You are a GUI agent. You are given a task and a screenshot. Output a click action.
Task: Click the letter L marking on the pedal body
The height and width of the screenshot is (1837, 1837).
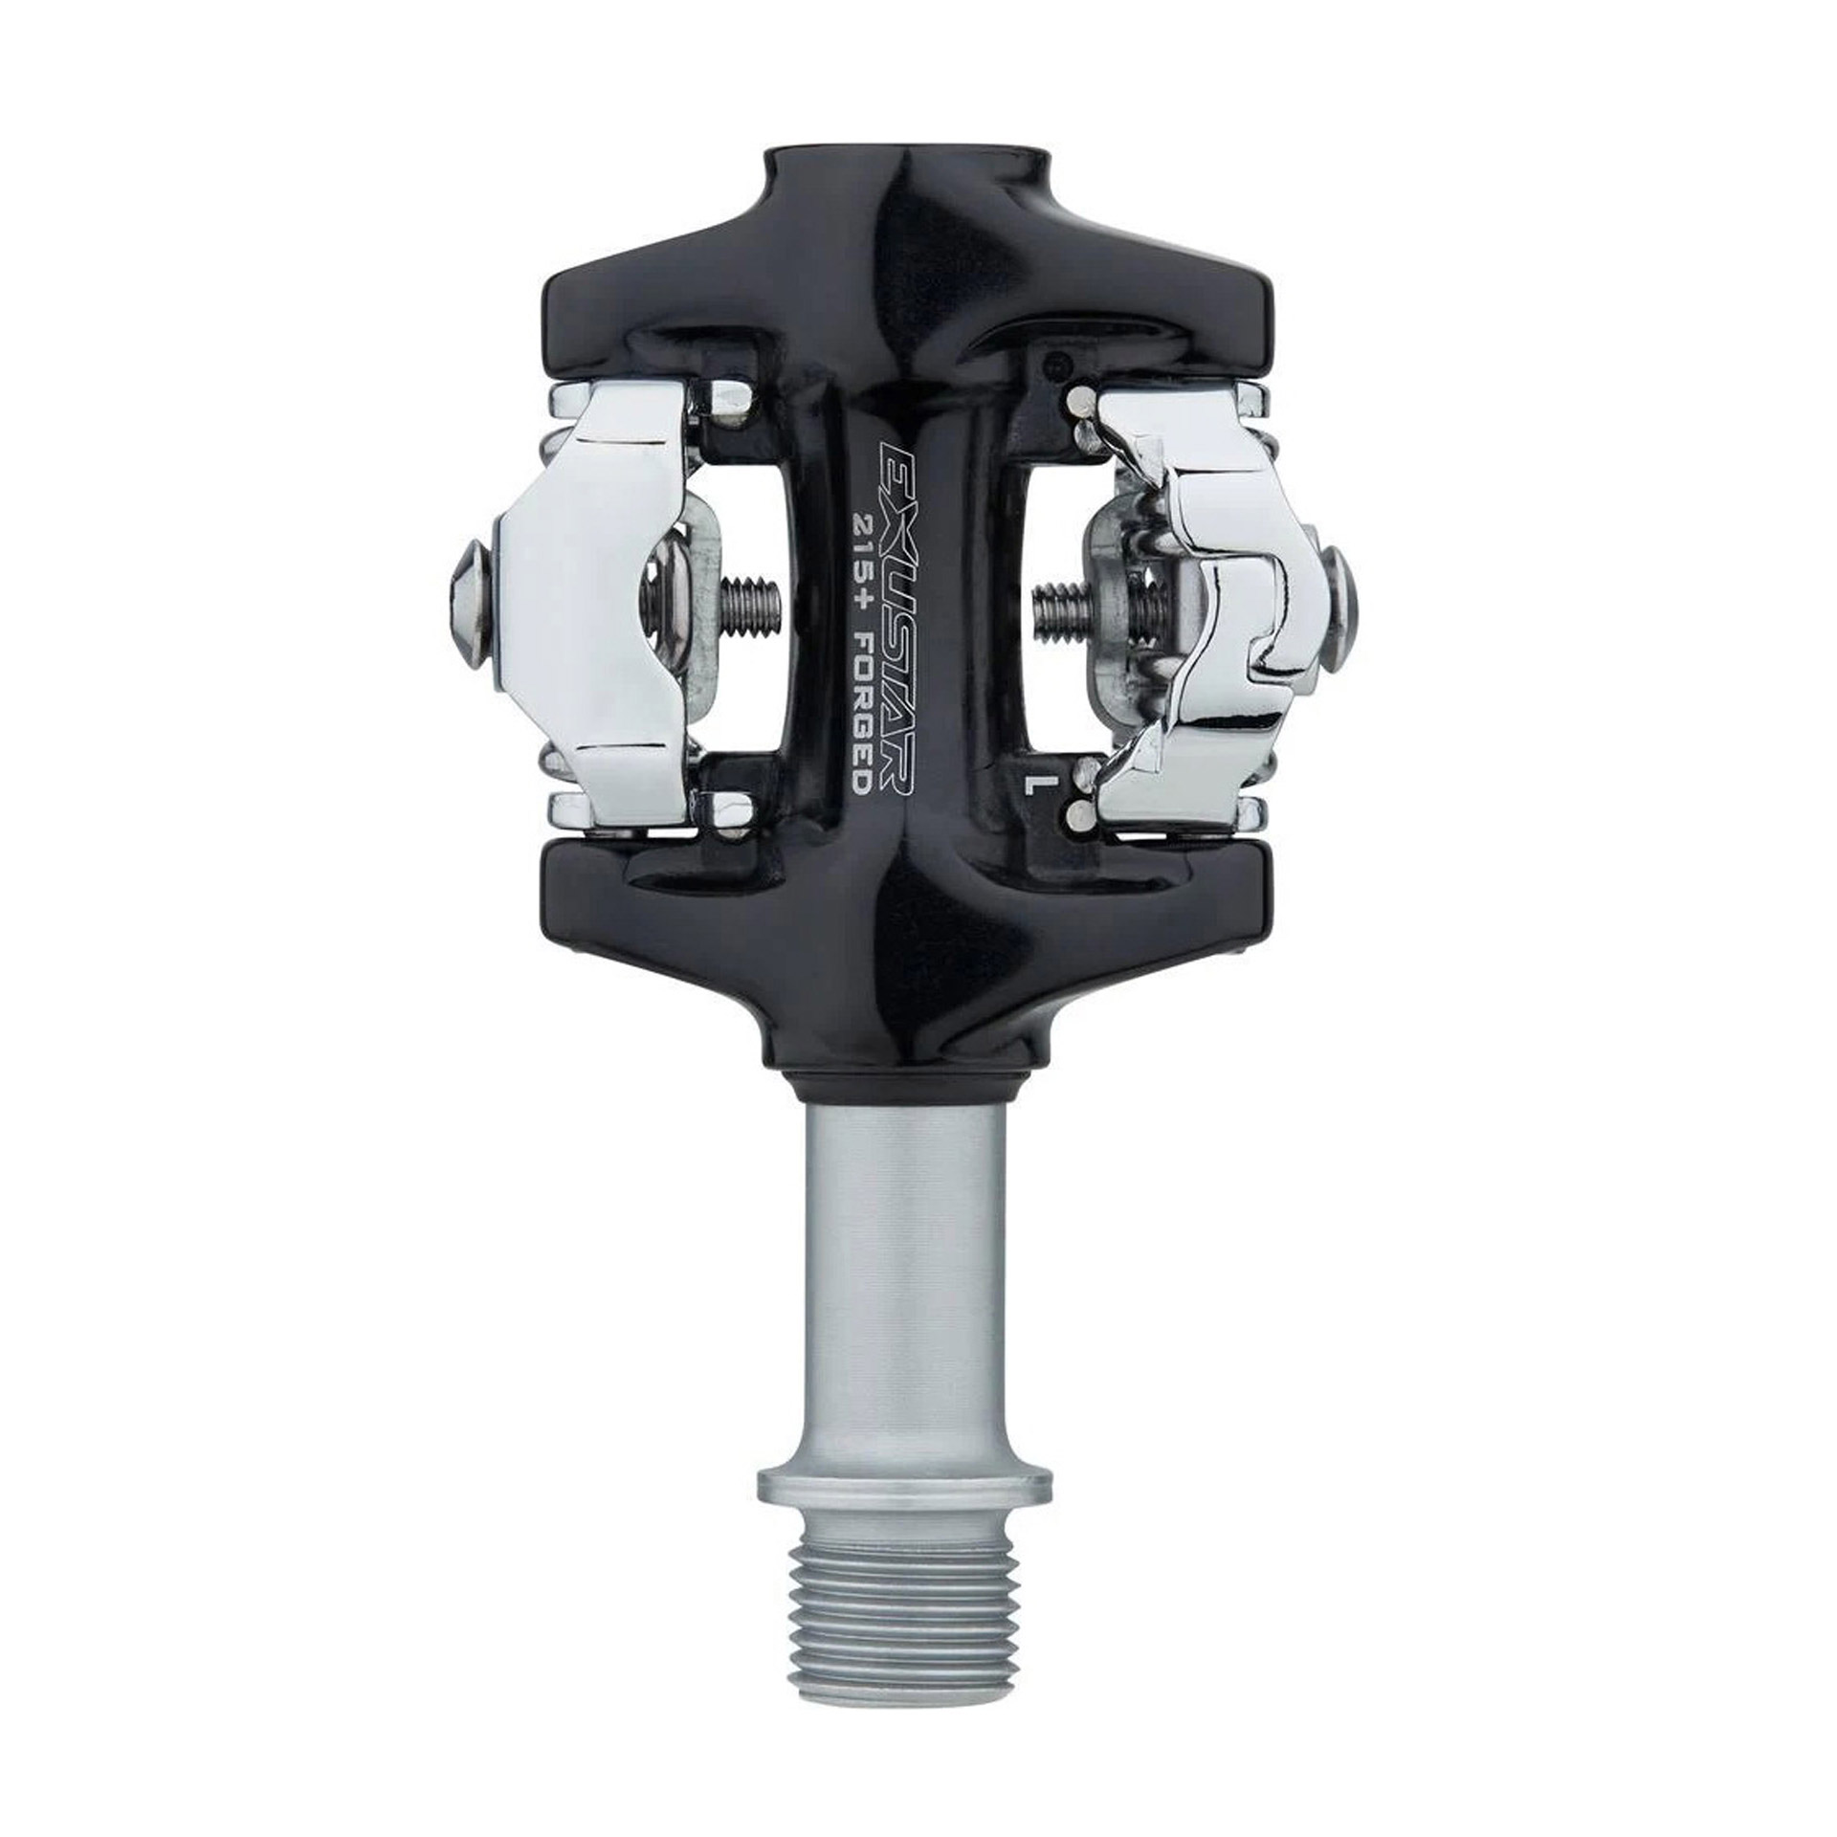pos(1032,786)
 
